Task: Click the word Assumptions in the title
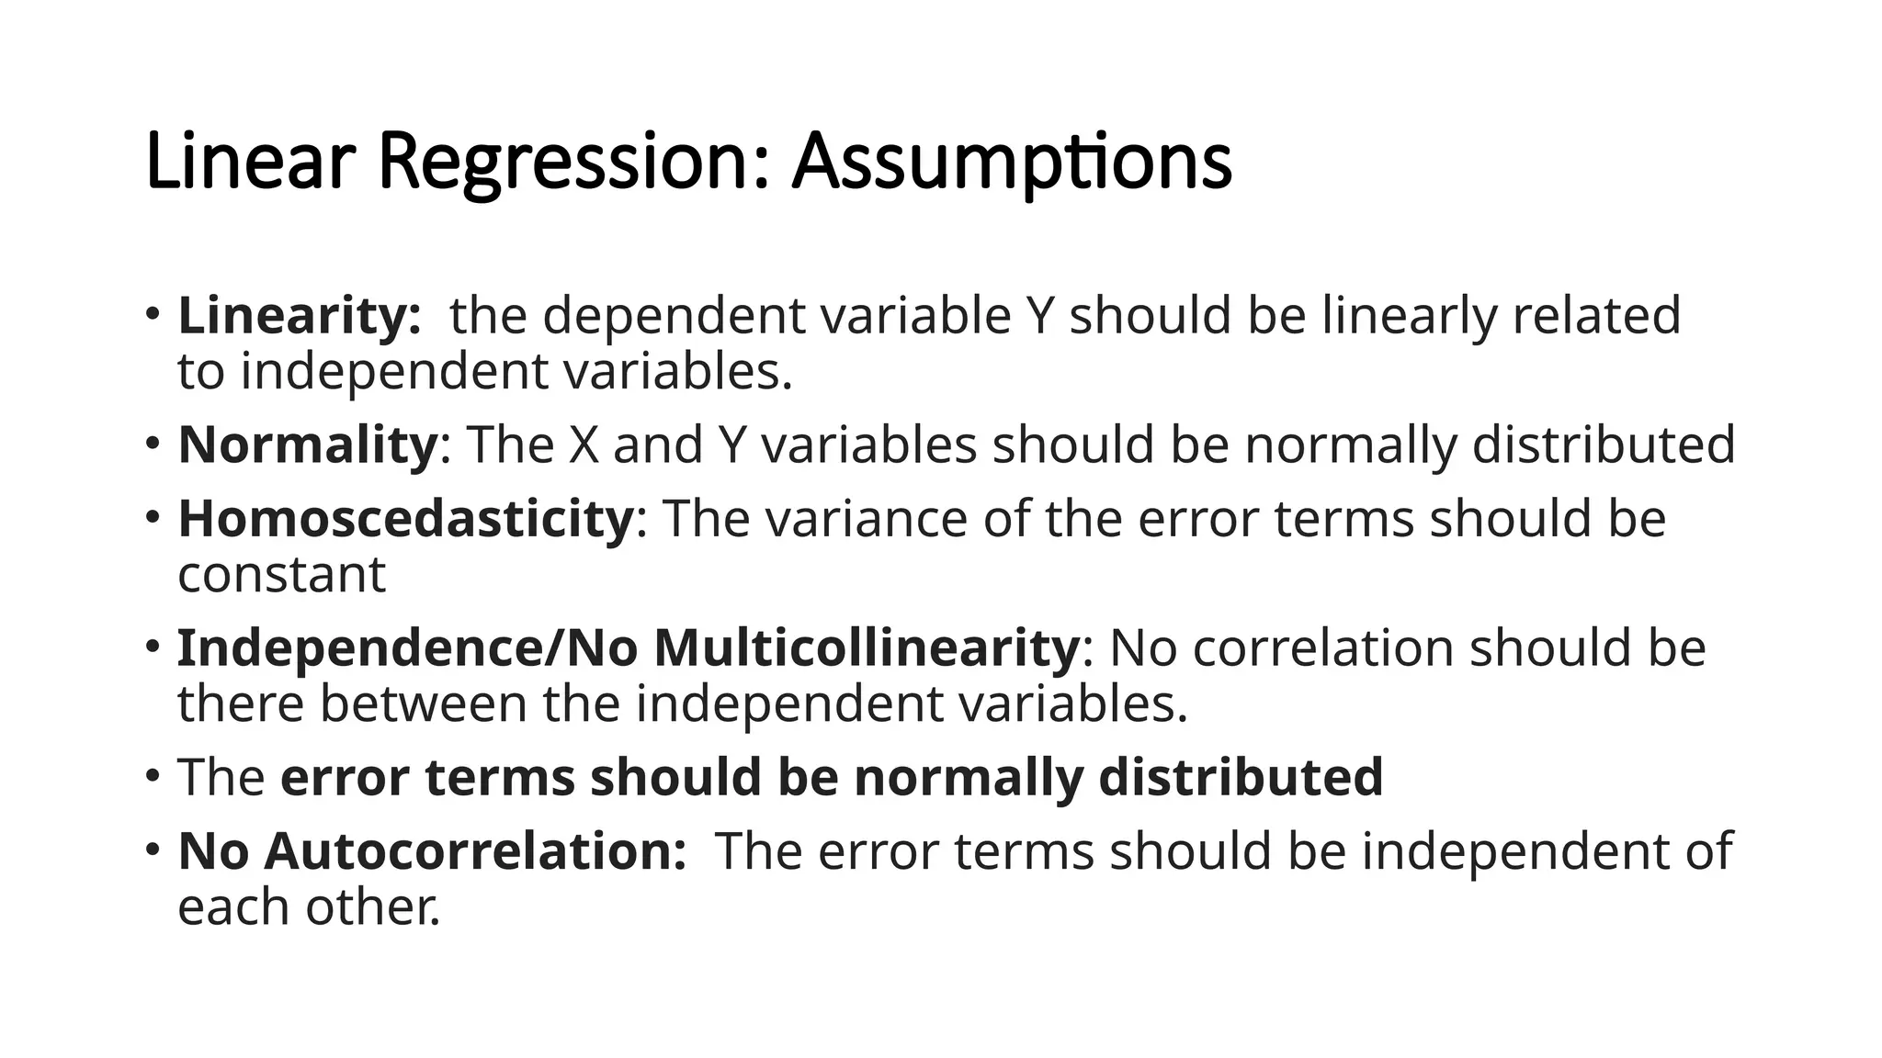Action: pyautogui.click(x=1011, y=163)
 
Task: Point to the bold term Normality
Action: pyautogui.click(x=308, y=445)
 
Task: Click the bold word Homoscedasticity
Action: pyautogui.click(x=405, y=518)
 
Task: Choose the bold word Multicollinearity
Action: pyautogui.click(x=867, y=647)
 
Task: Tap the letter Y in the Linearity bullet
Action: pyautogui.click(x=1038, y=315)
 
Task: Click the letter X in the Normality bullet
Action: pyautogui.click(x=584, y=445)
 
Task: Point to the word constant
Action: pyautogui.click(x=281, y=576)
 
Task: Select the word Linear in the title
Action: pyautogui.click(x=249, y=163)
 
